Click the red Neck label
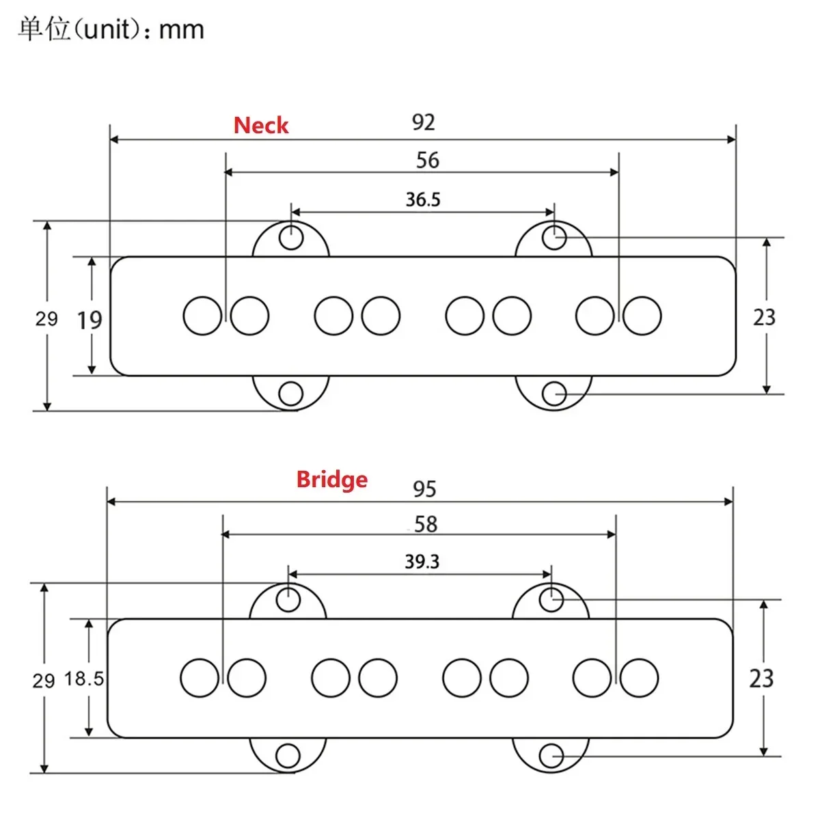coord(261,126)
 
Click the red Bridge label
coord(331,479)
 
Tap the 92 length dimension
coord(423,122)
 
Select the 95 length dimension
coord(424,489)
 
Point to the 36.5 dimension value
coord(423,200)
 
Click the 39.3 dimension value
coord(422,562)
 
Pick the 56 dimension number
coord(428,161)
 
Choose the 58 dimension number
coord(426,525)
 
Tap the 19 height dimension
coord(90,320)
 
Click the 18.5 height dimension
coord(84,679)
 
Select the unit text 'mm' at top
coord(181,30)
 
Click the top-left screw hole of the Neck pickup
coord(292,238)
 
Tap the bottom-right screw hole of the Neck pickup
coord(554,394)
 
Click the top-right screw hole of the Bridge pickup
coord(551,600)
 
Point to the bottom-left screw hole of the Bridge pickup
coord(288,756)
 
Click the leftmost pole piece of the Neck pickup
coord(203,316)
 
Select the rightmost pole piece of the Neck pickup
coord(642,316)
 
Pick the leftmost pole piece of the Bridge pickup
coord(200,678)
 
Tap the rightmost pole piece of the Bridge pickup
coord(639,678)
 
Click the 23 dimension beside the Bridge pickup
coord(761,679)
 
